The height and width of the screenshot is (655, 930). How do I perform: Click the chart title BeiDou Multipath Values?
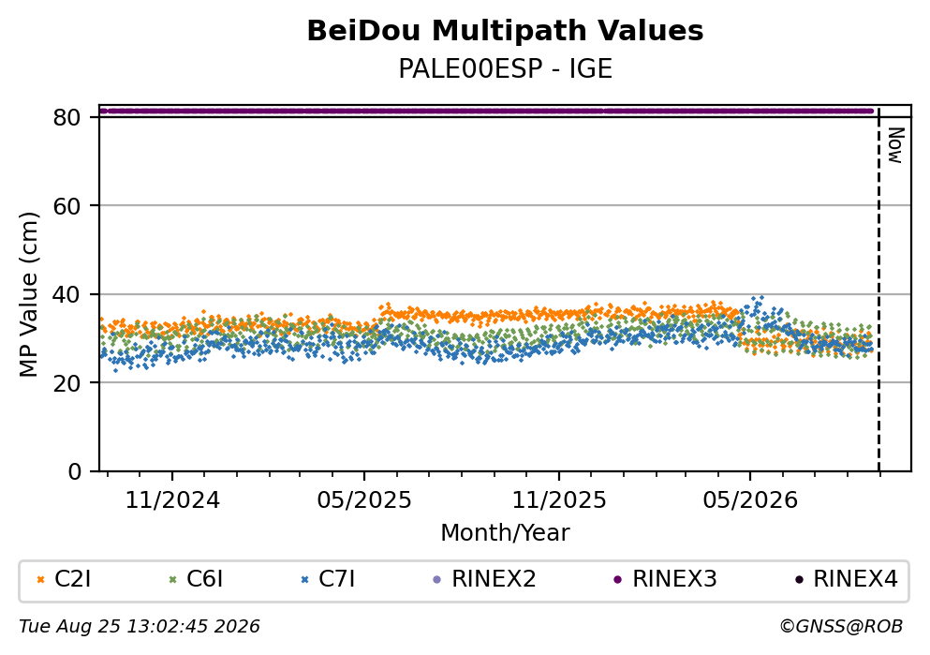tap(505, 31)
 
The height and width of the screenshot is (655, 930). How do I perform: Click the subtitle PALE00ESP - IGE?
tap(505, 69)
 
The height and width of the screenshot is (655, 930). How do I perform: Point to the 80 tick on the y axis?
tap(66, 117)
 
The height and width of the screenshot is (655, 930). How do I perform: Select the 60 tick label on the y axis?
tap(66, 206)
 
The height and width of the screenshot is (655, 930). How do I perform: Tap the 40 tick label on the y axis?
tap(66, 294)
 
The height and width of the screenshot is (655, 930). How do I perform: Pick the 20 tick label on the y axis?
tap(66, 382)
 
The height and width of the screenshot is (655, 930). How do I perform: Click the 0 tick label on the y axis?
tap(74, 471)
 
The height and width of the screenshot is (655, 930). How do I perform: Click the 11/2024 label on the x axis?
tap(172, 500)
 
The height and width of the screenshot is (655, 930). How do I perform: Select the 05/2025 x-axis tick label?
tap(364, 500)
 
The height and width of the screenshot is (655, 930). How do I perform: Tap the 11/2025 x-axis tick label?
tap(559, 500)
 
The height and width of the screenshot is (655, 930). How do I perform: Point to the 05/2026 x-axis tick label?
tap(750, 500)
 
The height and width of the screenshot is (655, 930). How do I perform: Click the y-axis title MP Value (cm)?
tap(28, 294)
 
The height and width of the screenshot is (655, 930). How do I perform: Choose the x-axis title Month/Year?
tap(505, 533)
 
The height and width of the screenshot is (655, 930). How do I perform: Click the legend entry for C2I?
tap(64, 579)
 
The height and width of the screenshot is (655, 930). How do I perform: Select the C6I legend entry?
tap(196, 579)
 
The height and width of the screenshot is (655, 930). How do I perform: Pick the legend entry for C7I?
tap(328, 579)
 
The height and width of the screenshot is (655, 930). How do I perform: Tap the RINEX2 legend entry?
tap(484, 579)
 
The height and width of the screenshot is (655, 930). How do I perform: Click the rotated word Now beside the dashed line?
tap(895, 145)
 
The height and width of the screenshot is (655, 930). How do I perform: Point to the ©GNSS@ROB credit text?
tap(841, 627)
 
